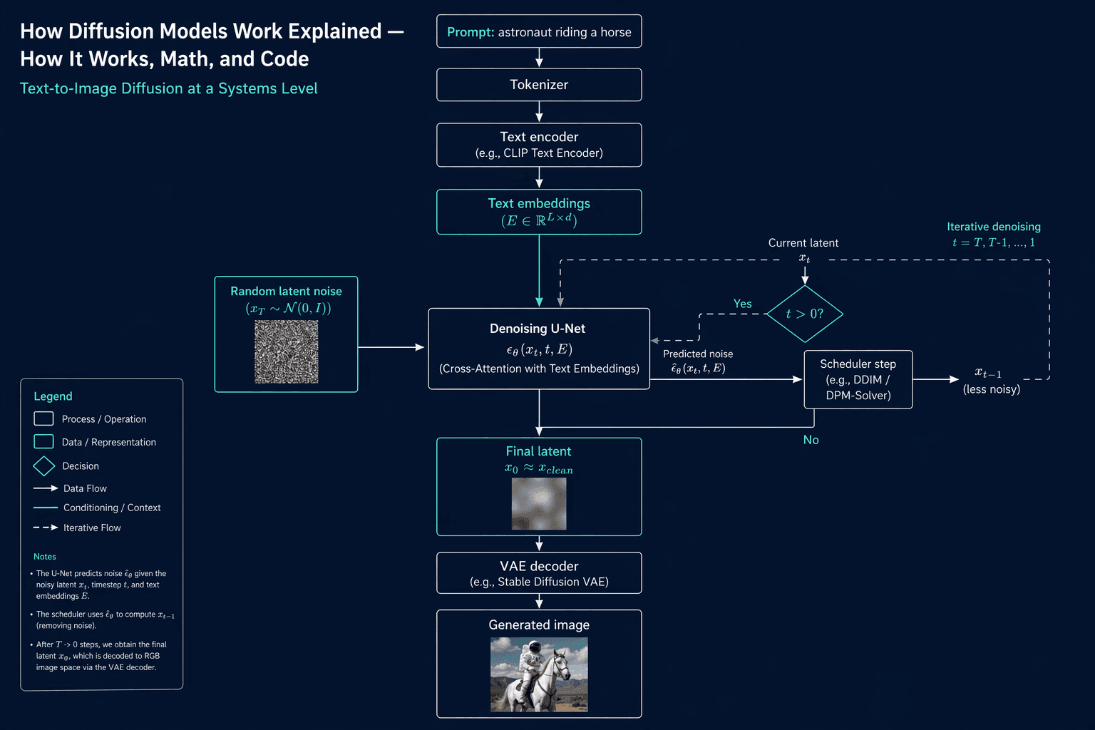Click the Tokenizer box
tap(539, 85)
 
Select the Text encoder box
tap(539, 145)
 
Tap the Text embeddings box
tap(539, 212)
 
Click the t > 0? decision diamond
tap(805, 314)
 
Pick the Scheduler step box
tap(858, 379)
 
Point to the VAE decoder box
tap(539, 573)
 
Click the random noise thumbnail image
tap(287, 351)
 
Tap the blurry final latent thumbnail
tap(539, 503)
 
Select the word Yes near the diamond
tap(743, 304)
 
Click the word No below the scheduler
tap(811, 440)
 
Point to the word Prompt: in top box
tap(471, 32)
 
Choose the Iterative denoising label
tap(994, 227)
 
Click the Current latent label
tap(803, 242)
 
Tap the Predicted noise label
tap(698, 354)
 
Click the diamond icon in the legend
tap(44, 466)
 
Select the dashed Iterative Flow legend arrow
tap(46, 528)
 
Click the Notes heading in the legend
tap(44, 557)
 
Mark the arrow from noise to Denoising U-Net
tap(391, 347)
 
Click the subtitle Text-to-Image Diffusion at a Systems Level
tap(169, 88)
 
